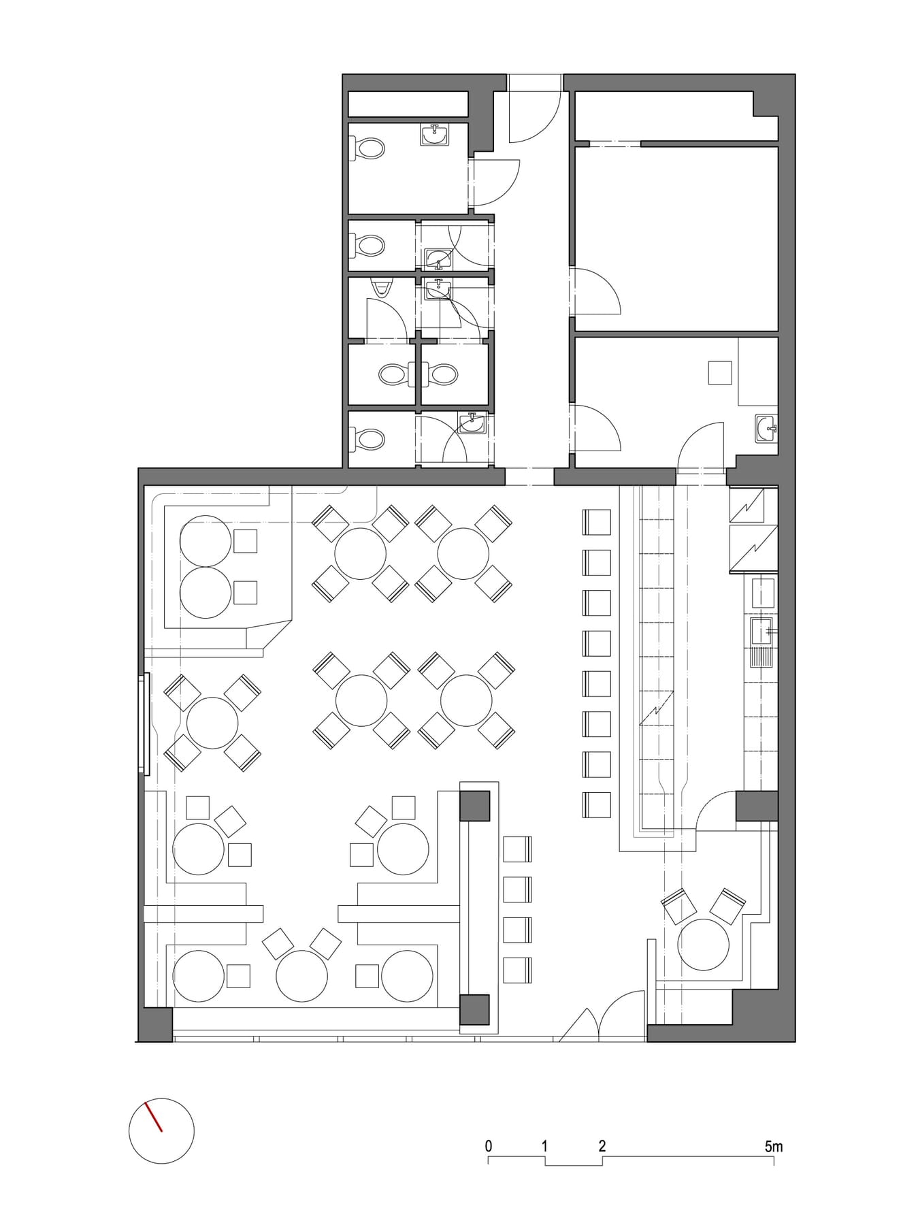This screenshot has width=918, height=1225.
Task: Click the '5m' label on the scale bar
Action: (x=774, y=1147)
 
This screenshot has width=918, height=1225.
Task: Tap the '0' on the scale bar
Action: (x=489, y=1147)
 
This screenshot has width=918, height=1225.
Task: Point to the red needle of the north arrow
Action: (x=154, y=1117)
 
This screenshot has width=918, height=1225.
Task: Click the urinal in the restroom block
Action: (x=381, y=288)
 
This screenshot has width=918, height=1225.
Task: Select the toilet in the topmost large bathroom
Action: (x=367, y=148)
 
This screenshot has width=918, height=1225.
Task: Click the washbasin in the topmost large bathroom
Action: (x=434, y=135)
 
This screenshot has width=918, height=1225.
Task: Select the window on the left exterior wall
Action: (x=144, y=723)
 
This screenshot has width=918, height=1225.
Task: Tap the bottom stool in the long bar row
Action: (x=596, y=804)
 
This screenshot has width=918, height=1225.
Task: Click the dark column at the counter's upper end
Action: (x=475, y=806)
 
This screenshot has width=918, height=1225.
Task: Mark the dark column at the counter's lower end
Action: (x=475, y=1009)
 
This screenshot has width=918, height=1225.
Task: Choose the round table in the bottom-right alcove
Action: (x=704, y=943)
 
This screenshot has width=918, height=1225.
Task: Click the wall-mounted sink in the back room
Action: (x=767, y=428)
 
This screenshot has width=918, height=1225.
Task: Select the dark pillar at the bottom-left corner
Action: (x=156, y=1024)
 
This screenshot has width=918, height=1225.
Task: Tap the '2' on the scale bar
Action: (x=602, y=1147)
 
